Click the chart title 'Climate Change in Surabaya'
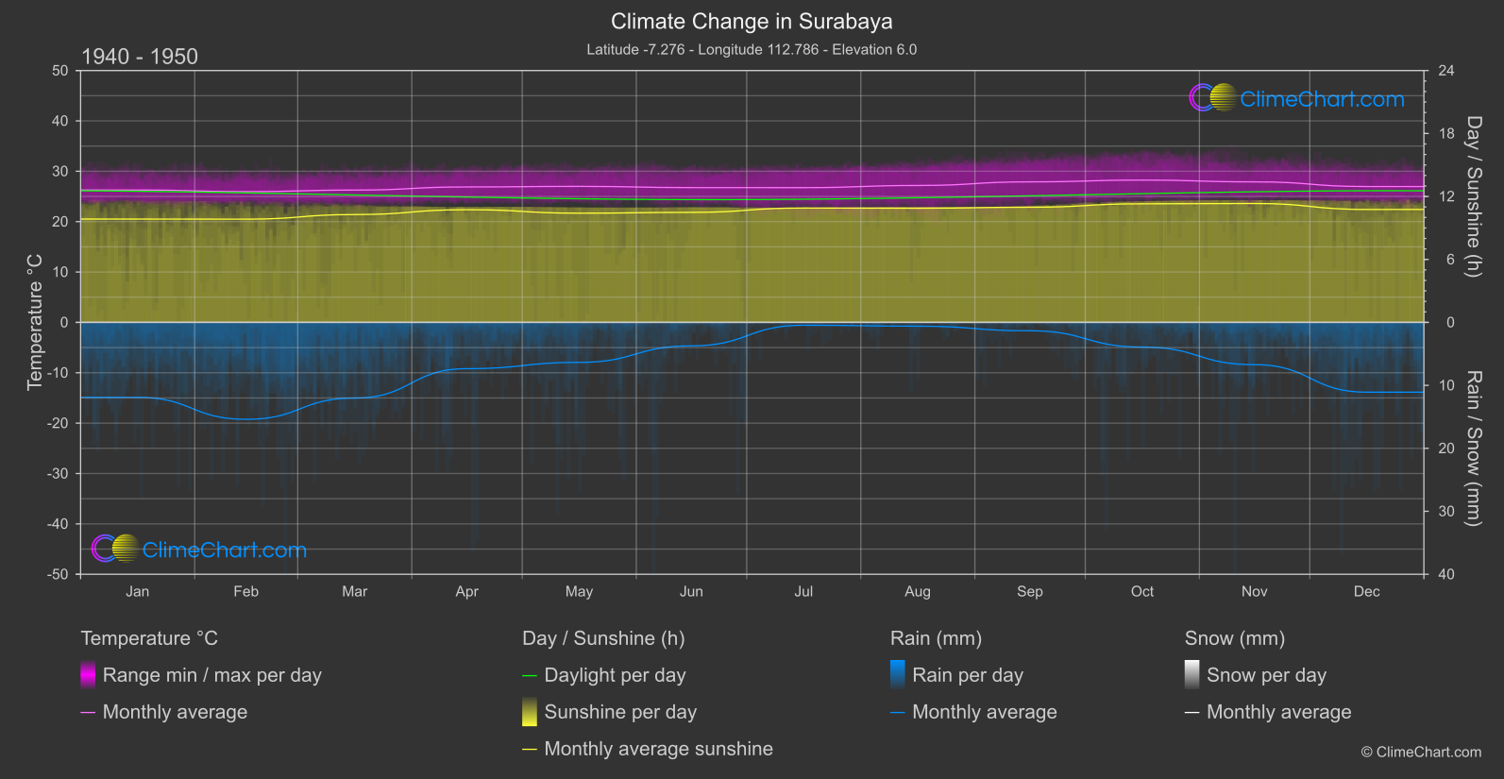pos(752,22)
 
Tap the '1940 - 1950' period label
pos(140,57)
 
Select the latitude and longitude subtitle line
pos(752,50)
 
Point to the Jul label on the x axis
pos(803,592)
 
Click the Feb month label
pos(245,592)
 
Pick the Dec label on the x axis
pos(1366,592)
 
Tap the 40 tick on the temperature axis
pos(59,121)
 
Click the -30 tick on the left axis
pos(58,474)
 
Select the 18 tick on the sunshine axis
pos(1446,134)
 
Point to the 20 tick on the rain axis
pos(1446,449)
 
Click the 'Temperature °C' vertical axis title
pos(35,321)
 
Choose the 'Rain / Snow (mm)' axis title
pos(1473,448)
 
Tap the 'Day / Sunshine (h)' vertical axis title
pos(1473,196)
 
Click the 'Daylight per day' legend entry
pos(615,675)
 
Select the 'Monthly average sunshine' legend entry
pos(658,749)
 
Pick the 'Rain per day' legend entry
pos(967,675)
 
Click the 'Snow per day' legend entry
pos(1265,675)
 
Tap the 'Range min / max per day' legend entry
pos(211,675)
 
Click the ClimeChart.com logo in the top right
pos(1297,98)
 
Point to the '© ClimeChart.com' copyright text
pos(1421,753)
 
